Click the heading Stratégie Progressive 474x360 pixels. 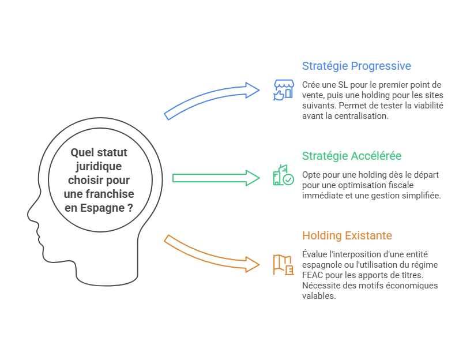pyautogui.click(x=356, y=66)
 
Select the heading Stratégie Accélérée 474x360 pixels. pyautogui.click(x=352, y=156)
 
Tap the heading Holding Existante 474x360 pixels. pyautogui.click(x=347, y=235)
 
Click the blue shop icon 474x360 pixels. pyautogui.click(x=283, y=90)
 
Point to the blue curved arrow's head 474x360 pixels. pyautogui.click(x=252, y=89)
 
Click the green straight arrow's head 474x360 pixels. pyautogui.click(x=252, y=178)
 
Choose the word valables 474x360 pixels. pyautogui.click(x=318, y=296)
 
